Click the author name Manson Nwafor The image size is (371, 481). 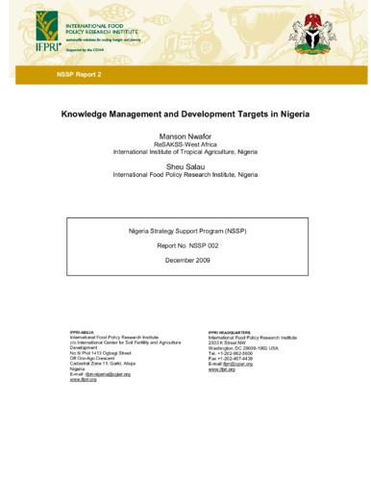point(185,138)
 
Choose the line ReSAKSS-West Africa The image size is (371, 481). point(185,147)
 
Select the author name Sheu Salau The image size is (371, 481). point(185,176)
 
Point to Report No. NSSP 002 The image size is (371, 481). point(185,246)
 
